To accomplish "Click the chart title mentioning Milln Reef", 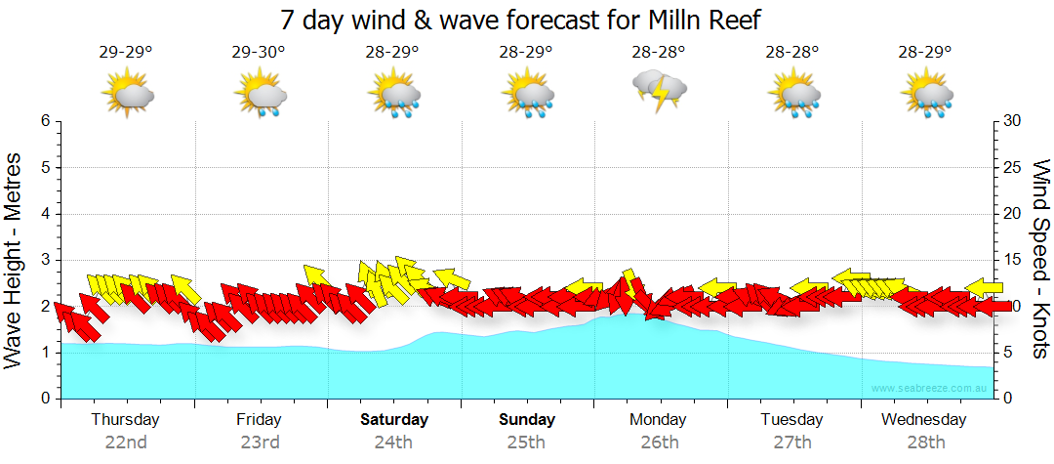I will (519, 20).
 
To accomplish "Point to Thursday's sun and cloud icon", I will (128, 95).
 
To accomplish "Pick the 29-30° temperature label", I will (259, 53).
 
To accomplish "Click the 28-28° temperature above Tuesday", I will (791, 53).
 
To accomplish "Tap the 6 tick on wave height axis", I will (45, 121).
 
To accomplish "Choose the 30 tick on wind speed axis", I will (1012, 121).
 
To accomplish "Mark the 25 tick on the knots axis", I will (1012, 167).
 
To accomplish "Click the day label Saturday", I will (394, 420).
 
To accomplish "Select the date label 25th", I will (526, 442).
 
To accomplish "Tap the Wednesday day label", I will (923, 420).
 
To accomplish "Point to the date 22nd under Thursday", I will (126, 442).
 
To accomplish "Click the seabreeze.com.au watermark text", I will (930, 388).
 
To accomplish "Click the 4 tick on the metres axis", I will (45, 214).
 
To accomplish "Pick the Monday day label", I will (658, 420).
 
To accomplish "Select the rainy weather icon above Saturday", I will (394, 95).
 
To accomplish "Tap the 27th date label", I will (791, 442).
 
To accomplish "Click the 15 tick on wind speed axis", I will (1012, 260).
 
